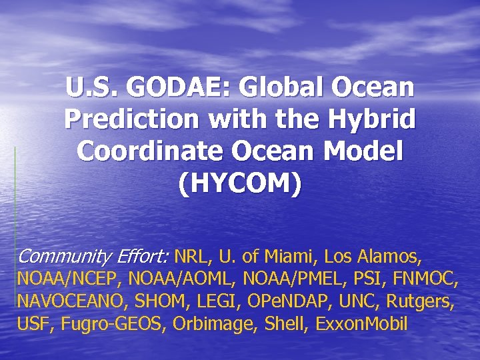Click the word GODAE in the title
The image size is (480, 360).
172,87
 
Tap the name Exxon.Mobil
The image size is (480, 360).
364,325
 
